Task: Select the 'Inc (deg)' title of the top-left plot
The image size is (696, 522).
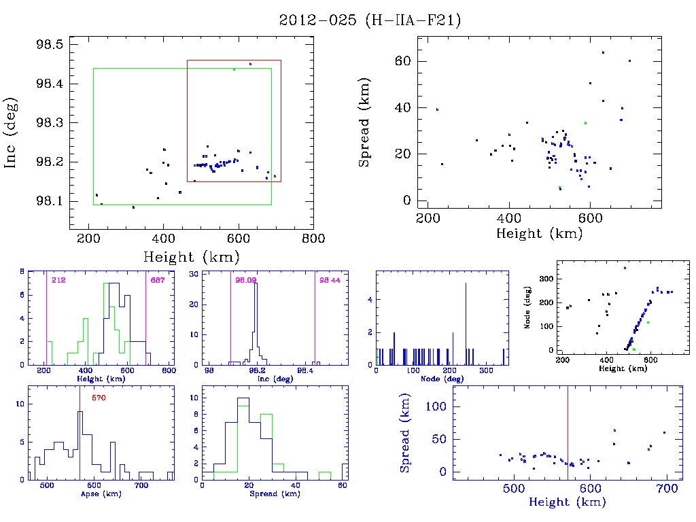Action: coord(11,133)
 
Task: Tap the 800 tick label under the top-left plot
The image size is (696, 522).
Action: coord(313,238)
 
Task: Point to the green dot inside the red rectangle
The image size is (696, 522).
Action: coord(234,69)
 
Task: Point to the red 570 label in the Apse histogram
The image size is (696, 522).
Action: coord(99,398)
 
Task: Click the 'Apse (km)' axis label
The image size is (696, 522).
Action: coord(102,494)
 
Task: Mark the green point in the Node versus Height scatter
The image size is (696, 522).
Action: coord(648,322)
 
